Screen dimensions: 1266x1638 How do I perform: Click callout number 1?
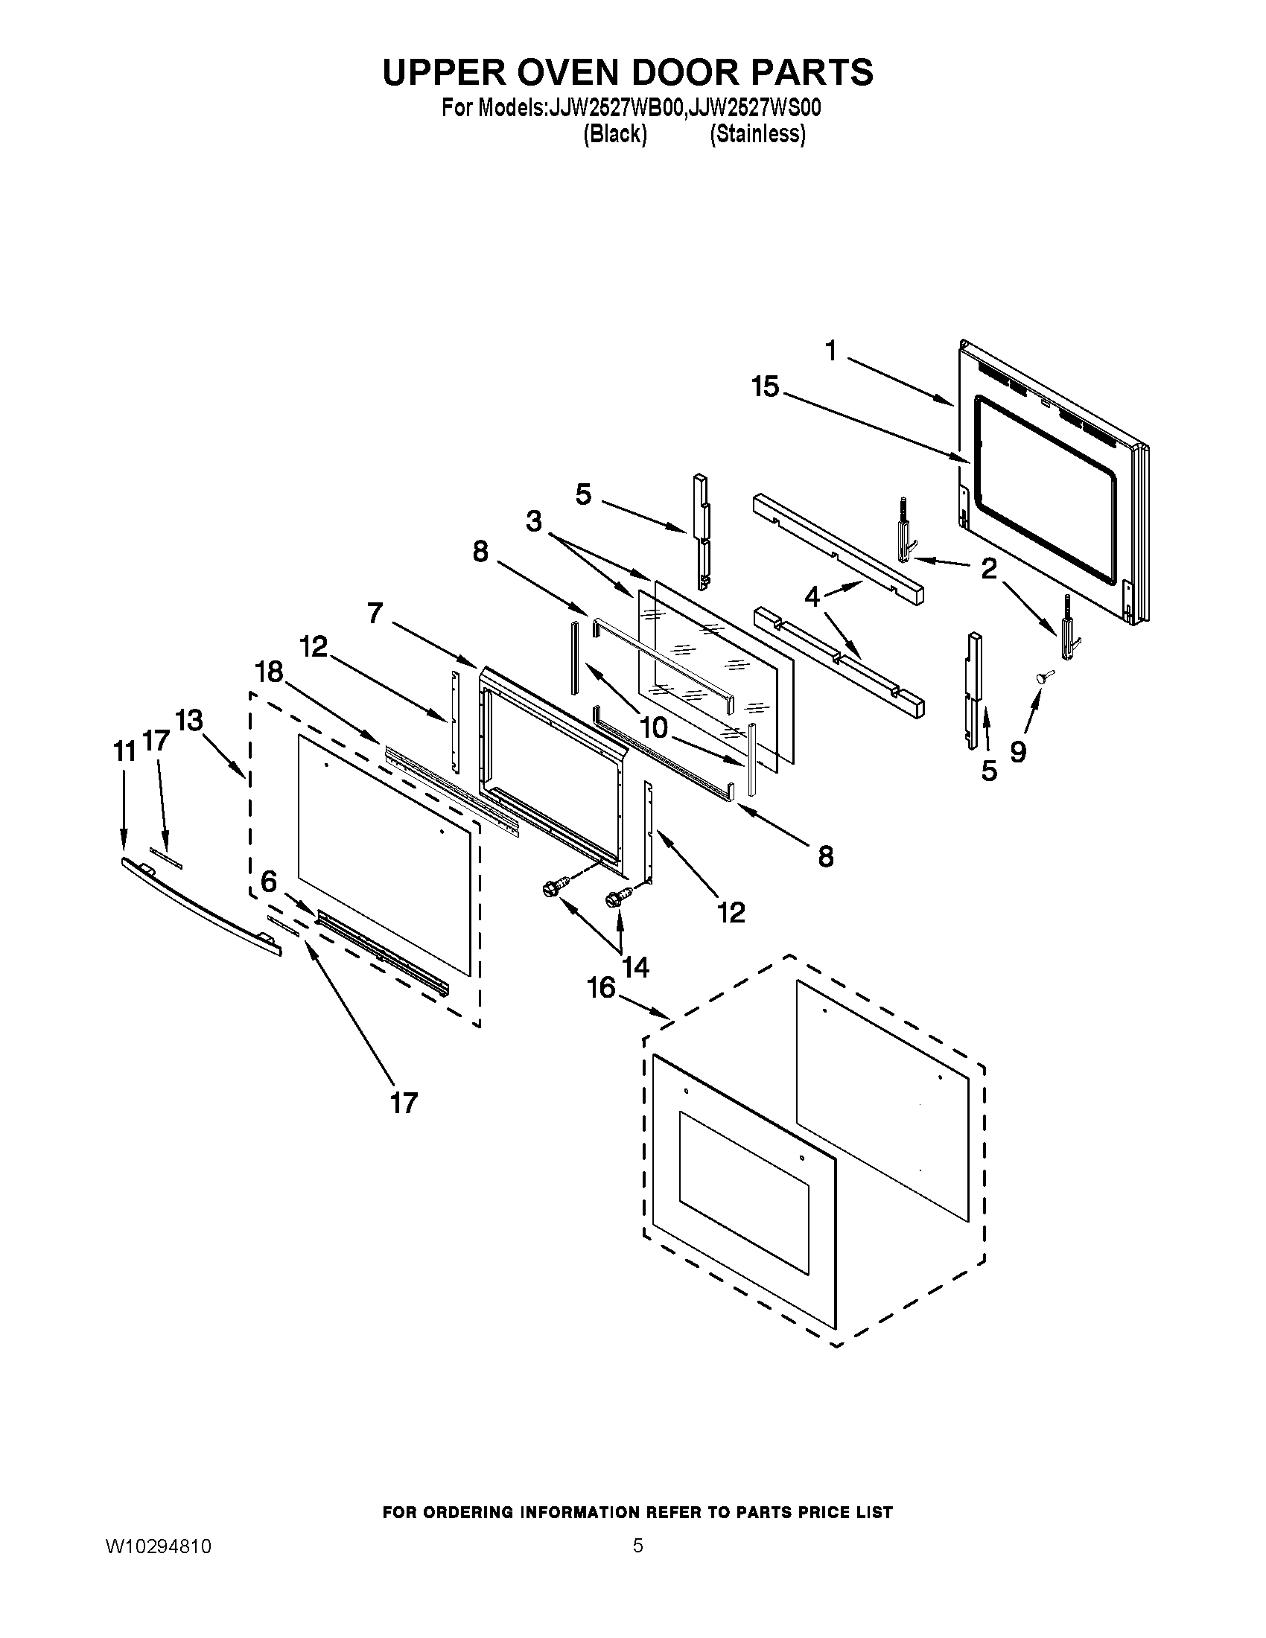[x=830, y=350]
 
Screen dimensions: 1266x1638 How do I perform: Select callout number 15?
[x=766, y=388]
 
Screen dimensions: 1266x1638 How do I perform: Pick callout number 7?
[x=376, y=614]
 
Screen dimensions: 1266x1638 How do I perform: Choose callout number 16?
[x=602, y=988]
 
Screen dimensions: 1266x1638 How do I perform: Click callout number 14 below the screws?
[x=635, y=967]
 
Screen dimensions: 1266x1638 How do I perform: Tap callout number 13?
[x=189, y=721]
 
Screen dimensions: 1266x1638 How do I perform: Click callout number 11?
[x=124, y=751]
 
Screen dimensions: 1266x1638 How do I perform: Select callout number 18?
[x=270, y=672]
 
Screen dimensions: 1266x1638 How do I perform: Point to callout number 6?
[x=269, y=882]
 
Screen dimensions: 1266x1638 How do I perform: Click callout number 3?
[x=534, y=521]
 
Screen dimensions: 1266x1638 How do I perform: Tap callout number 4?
[x=812, y=598]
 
